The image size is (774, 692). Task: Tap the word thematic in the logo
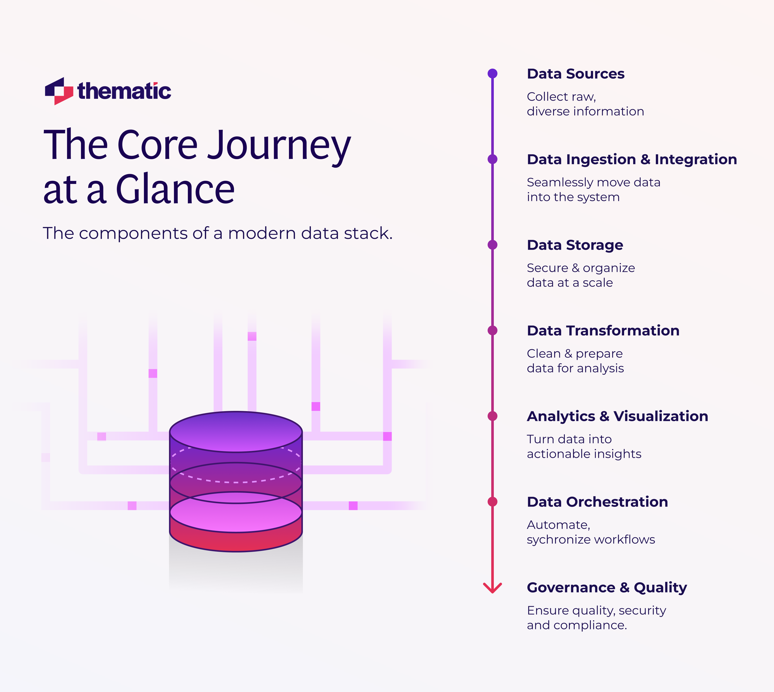[124, 91]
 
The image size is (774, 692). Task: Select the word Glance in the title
[175, 189]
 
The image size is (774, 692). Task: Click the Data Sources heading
[575, 74]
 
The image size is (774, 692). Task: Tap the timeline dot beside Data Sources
[492, 74]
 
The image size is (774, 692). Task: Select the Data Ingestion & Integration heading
[631, 159]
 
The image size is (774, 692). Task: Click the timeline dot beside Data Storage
[492, 245]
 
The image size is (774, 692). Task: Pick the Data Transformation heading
[603, 330]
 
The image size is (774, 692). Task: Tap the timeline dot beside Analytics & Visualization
[492, 416]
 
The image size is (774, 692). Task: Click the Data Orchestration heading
[597, 502]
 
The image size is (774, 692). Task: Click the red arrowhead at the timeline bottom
[492, 589]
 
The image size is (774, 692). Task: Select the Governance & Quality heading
[607, 588]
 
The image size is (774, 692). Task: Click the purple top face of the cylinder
[236, 432]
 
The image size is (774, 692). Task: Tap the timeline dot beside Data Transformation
[492, 330]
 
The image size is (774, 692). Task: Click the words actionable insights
[584, 454]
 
